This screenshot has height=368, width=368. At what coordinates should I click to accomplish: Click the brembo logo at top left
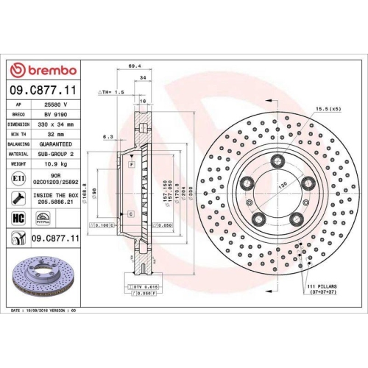[x=42, y=69]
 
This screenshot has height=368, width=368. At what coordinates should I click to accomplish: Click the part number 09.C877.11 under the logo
[x=43, y=91]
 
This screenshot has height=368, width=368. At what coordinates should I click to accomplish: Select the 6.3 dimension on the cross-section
[x=108, y=136]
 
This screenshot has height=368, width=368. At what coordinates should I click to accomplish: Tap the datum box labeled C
[x=130, y=213]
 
